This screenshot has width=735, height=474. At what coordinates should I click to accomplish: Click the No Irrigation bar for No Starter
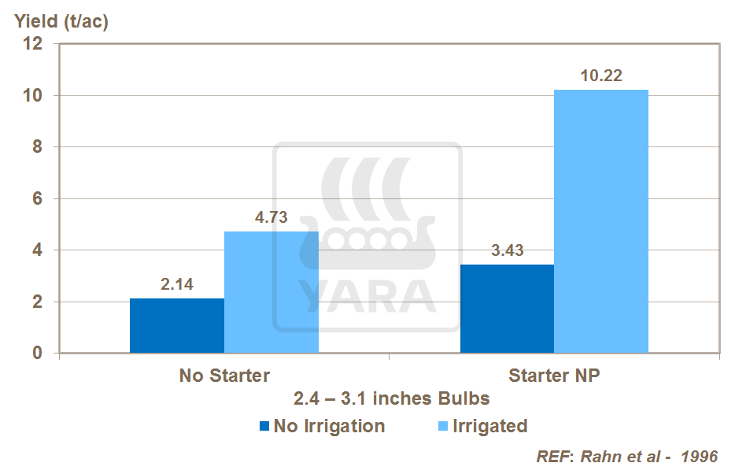click(x=177, y=326)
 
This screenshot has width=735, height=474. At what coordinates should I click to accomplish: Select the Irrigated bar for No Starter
click(x=271, y=292)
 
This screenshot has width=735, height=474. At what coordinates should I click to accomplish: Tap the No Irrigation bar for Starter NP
click(x=507, y=309)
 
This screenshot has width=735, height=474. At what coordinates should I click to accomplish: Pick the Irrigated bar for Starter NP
click(x=601, y=221)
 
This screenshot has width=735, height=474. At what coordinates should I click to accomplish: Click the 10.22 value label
click(x=600, y=76)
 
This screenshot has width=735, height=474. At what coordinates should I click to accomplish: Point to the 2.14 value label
click(x=177, y=285)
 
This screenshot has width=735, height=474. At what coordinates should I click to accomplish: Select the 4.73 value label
click(x=271, y=218)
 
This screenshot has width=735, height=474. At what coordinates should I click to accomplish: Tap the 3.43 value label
click(x=507, y=252)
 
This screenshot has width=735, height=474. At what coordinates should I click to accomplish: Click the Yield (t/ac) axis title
click(x=61, y=21)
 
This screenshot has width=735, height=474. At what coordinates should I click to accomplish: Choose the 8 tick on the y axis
click(x=37, y=147)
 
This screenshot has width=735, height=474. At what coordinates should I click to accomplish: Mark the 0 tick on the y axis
click(x=37, y=354)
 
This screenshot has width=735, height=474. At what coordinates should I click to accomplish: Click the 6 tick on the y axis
click(x=37, y=199)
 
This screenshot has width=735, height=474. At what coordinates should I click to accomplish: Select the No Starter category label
click(x=224, y=376)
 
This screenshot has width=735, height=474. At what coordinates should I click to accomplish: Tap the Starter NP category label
click(x=554, y=376)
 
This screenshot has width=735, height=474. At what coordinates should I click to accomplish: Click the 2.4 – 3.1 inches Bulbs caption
click(x=392, y=398)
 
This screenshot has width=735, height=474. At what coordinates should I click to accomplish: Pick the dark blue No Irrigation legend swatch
click(x=264, y=427)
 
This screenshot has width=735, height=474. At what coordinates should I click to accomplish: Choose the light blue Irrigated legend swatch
click(x=441, y=427)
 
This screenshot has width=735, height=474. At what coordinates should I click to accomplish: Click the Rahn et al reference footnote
click(x=627, y=457)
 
